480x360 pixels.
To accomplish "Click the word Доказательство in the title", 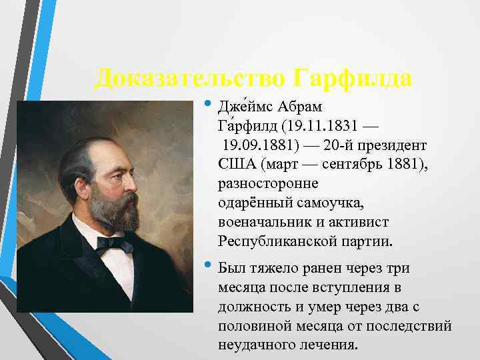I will tap(189, 79).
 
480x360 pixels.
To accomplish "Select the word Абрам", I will tap(303, 107).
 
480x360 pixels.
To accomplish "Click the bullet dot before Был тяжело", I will tap(208, 267).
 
